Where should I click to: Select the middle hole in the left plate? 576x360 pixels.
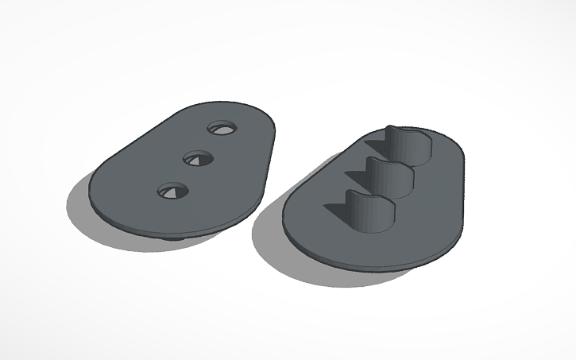[x=198, y=158]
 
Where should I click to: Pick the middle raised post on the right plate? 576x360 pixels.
[x=389, y=176]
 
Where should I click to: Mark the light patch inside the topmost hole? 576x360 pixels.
[x=218, y=129]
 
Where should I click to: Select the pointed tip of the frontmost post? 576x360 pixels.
[x=347, y=193]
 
